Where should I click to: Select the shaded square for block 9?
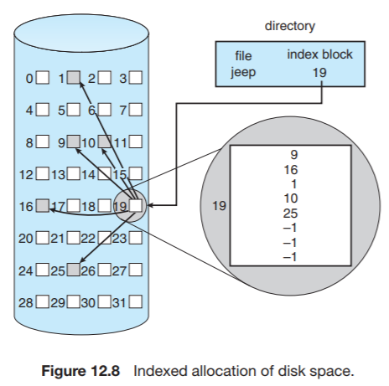pyautogui.click(x=73, y=142)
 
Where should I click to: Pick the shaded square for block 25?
pyautogui.click(x=73, y=270)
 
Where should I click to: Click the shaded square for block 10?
pyautogui.click(x=105, y=142)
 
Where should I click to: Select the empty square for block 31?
pyautogui.click(x=135, y=300)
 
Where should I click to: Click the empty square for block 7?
pyautogui.click(x=135, y=109)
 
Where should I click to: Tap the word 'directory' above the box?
pyautogui.click(x=290, y=27)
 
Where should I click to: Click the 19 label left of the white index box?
pyautogui.click(x=220, y=204)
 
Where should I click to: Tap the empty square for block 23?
pyautogui.click(x=135, y=238)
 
